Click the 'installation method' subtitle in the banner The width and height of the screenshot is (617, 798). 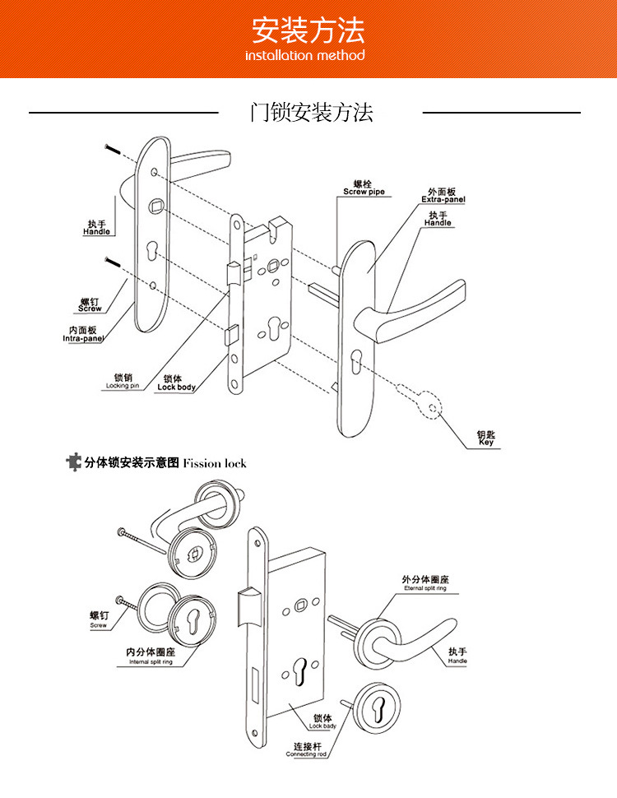[x=305, y=56]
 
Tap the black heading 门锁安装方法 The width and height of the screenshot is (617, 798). [x=311, y=113]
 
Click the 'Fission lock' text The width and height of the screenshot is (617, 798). [x=215, y=463]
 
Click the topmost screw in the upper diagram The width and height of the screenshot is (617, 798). [x=113, y=151]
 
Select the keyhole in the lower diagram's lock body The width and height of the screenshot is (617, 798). [x=300, y=669]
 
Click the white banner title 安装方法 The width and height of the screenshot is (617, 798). [x=308, y=31]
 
